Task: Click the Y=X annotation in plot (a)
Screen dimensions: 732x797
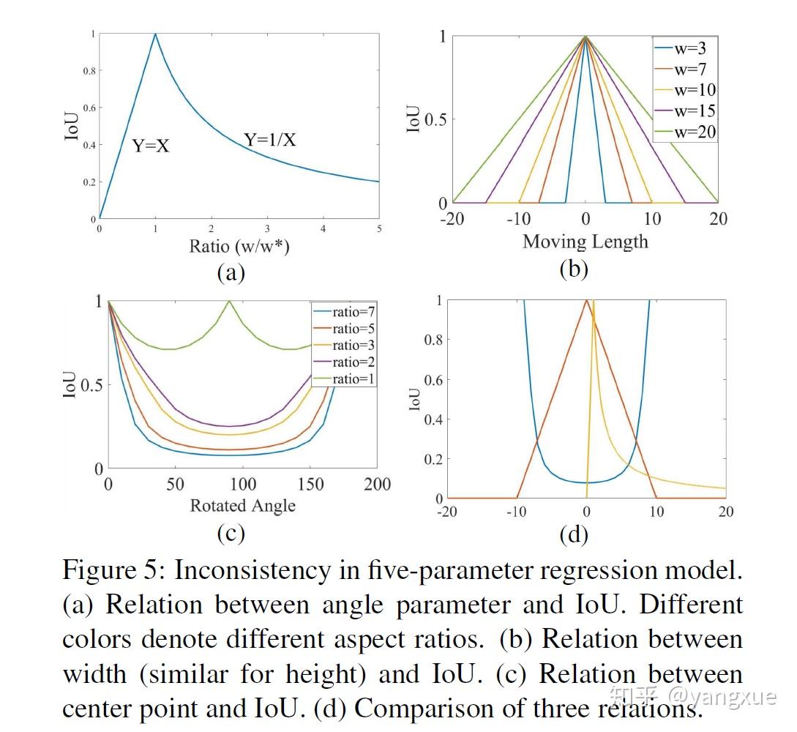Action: click(151, 146)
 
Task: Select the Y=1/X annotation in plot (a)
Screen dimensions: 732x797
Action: click(270, 138)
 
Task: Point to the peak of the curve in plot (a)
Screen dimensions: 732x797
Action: click(155, 34)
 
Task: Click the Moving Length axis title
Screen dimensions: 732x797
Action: click(585, 241)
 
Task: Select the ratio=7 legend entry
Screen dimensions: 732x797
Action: click(343, 311)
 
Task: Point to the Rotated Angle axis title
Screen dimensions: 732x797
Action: click(243, 505)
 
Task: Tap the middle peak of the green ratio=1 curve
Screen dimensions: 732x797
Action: click(230, 301)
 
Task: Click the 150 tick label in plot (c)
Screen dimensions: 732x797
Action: click(311, 484)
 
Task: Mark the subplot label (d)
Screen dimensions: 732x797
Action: click(574, 535)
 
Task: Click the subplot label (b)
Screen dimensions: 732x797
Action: click(574, 269)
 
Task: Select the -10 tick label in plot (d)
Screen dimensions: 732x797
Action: click(517, 512)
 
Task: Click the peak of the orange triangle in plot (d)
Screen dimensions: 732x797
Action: click(585, 299)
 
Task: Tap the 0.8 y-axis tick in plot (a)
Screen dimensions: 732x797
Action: click(88, 71)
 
